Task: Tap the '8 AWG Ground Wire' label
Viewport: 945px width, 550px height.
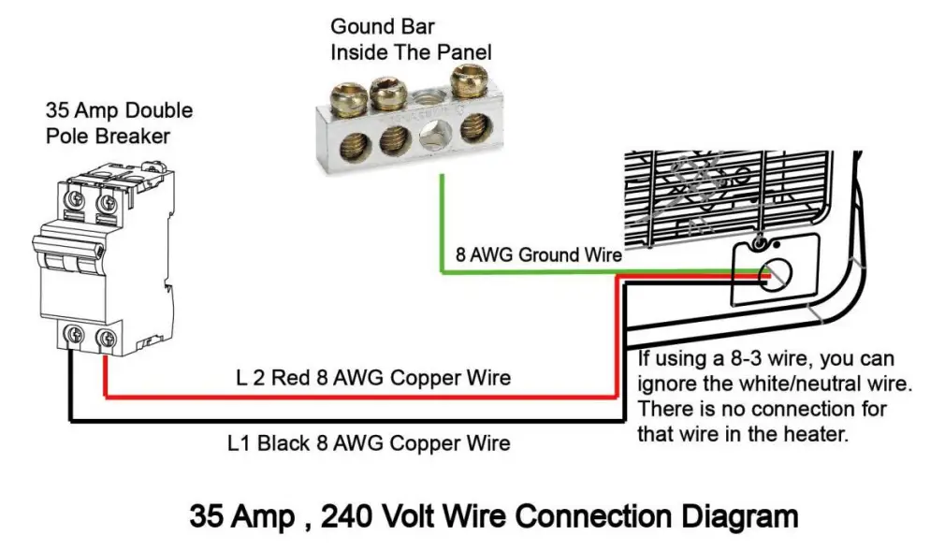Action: [x=538, y=254]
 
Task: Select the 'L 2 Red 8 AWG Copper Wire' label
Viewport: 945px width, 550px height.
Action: [x=373, y=378]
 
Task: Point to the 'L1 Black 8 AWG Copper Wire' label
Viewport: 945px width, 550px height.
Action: [x=369, y=443]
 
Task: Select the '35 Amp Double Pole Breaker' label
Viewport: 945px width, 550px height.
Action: [x=120, y=123]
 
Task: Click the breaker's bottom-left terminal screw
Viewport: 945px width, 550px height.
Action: [x=74, y=334]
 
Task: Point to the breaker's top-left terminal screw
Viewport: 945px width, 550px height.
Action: [x=75, y=199]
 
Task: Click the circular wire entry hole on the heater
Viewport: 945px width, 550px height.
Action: [x=774, y=276]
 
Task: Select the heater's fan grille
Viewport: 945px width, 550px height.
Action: [x=726, y=195]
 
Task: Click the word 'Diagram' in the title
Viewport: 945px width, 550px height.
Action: [x=739, y=517]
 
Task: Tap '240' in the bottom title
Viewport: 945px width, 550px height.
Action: [x=345, y=516]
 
